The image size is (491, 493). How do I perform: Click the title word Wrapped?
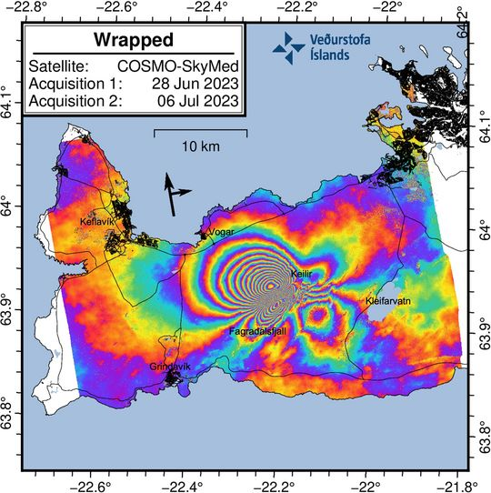(x=133, y=42)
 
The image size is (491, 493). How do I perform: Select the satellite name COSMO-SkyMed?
(x=178, y=66)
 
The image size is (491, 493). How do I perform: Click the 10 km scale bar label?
(x=201, y=146)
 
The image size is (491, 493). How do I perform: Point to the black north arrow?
(x=173, y=194)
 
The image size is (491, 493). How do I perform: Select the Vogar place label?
(x=221, y=232)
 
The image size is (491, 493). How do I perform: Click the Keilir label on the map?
(x=301, y=273)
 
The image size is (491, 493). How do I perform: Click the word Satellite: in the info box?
(x=57, y=66)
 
